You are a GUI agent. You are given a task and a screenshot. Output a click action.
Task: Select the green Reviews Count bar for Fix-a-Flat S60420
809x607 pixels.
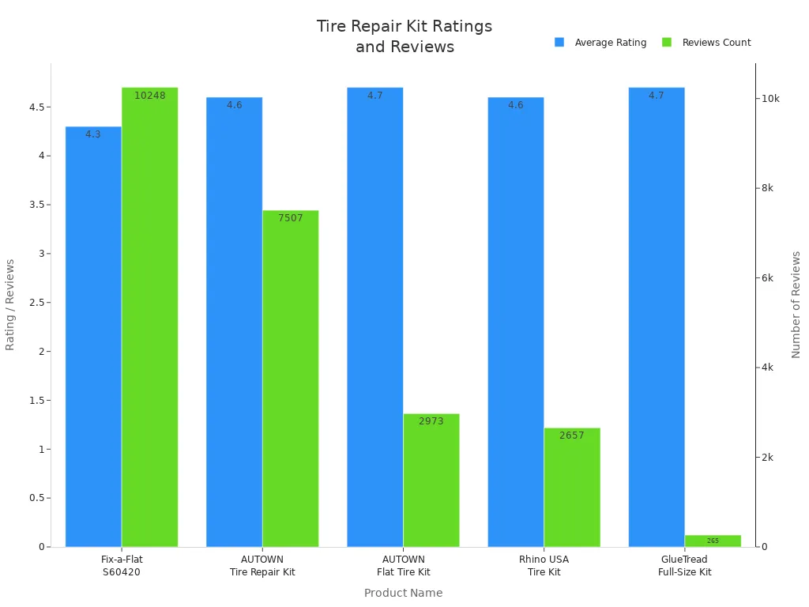149,316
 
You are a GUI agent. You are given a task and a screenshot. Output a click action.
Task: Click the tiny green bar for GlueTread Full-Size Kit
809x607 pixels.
713,541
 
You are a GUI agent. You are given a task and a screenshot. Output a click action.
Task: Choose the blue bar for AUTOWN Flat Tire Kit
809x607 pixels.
374,316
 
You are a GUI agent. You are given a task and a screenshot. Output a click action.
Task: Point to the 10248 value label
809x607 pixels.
150,96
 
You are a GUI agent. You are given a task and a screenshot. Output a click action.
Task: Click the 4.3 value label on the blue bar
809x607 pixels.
93,134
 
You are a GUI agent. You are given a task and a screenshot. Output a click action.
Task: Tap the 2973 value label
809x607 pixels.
431,421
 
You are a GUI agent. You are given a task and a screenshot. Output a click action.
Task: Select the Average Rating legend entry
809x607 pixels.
600,43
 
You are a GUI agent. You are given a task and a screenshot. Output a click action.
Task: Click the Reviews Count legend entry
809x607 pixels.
706,43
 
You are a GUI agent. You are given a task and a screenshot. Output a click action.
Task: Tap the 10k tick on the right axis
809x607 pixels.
770,99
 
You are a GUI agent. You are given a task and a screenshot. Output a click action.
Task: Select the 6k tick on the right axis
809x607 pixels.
767,278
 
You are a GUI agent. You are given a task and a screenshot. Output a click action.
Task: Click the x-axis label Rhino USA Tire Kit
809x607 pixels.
544,565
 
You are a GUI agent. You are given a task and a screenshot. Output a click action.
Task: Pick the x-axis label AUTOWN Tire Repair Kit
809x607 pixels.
262,565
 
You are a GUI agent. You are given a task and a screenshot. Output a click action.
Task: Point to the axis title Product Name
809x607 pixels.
403,593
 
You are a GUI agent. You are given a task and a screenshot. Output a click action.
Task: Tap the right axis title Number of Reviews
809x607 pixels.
796,304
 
